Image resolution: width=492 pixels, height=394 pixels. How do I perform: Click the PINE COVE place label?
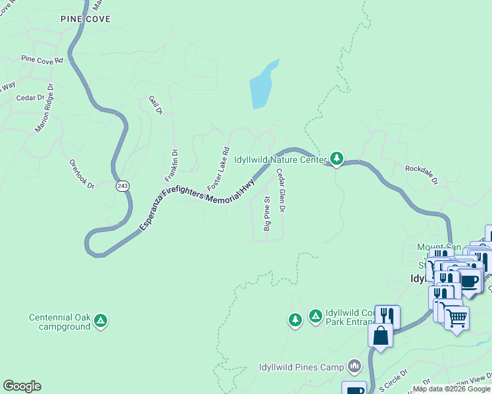click(x=86, y=19)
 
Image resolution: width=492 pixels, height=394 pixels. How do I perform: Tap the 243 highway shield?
click(x=122, y=186)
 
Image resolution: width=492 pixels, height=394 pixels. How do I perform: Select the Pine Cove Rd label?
click(x=41, y=59)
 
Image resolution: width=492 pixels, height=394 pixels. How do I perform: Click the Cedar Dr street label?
click(x=31, y=97)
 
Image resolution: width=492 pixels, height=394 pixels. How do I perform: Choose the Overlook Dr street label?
click(x=82, y=174)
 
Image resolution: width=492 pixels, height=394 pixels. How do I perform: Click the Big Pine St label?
click(x=267, y=213)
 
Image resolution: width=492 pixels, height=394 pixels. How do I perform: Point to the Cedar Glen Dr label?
click(x=280, y=190)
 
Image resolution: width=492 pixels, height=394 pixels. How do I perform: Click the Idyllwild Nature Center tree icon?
click(x=337, y=158)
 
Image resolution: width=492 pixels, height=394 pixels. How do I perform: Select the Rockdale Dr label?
click(x=421, y=173)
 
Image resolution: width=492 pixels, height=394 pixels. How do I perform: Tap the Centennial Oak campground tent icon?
click(x=100, y=320)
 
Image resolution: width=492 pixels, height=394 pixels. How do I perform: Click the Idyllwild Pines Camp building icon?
click(x=355, y=365)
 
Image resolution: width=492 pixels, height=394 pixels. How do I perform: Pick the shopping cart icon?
click(x=456, y=318)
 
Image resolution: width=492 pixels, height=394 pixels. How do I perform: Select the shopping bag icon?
click(x=381, y=336)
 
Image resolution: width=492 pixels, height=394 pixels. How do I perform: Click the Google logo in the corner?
click(x=22, y=386)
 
